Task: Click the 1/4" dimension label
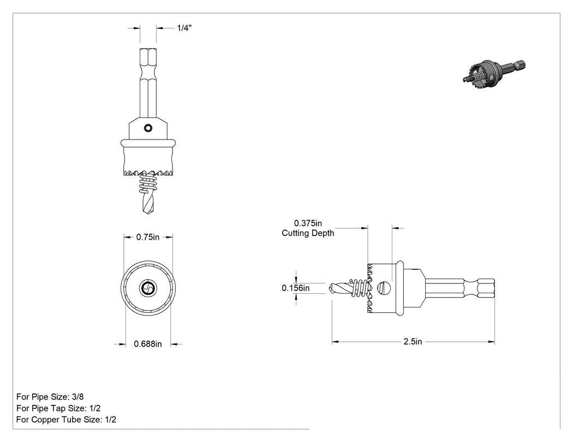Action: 184,28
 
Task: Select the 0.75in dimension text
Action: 148,237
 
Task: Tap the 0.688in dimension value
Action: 148,344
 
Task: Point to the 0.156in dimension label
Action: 296,288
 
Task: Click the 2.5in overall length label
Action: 413,342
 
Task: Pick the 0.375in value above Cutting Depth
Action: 308,223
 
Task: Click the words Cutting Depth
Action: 308,233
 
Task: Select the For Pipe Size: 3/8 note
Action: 50,397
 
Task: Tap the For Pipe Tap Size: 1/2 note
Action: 58,408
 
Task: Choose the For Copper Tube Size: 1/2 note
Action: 66,420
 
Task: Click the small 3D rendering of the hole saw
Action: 493,76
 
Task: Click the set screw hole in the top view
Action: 148,128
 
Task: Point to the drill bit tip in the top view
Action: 148,213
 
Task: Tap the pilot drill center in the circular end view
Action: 148,288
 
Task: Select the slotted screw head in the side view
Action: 384,288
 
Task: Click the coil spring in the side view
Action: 360,288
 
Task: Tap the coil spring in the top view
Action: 148,183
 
